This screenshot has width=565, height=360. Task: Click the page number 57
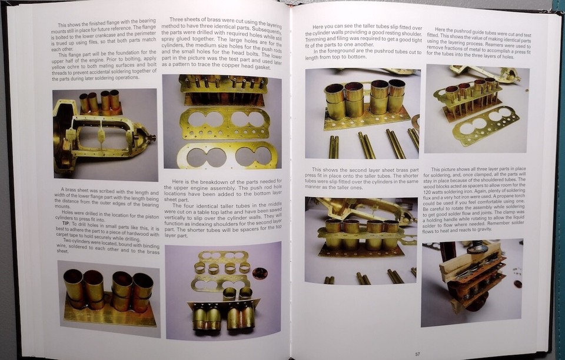point(417,354)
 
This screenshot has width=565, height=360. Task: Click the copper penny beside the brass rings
point(260,273)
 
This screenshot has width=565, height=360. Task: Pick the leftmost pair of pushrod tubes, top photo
point(334,146)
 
